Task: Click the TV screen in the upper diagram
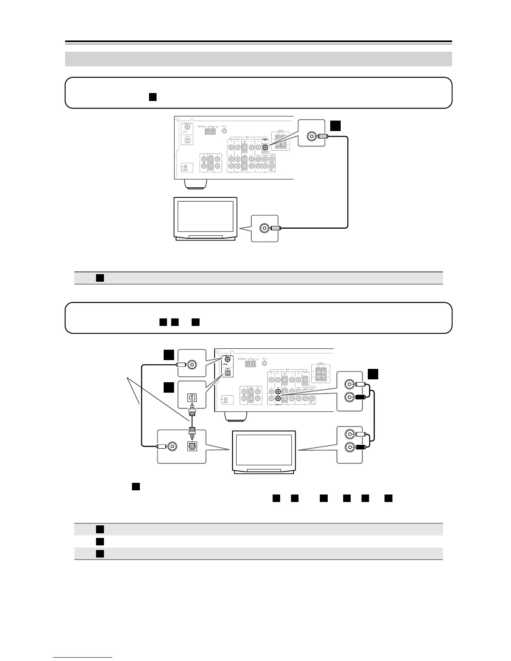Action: pos(205,218)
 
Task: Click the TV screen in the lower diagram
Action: pos(263,450)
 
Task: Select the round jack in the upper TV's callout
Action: pos(264,228)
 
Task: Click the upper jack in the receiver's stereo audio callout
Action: pos(348,385)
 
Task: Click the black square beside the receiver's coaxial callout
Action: pos(168,355)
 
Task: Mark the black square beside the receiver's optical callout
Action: pos(168,388)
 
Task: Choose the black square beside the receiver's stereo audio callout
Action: pos(373,374)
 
